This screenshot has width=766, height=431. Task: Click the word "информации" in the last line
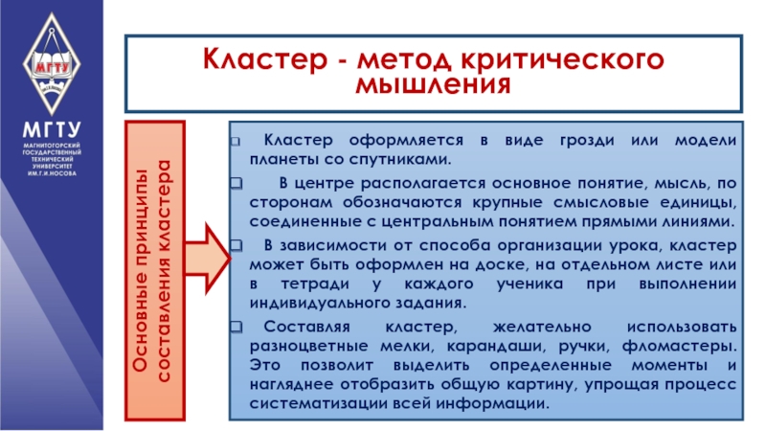495,402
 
